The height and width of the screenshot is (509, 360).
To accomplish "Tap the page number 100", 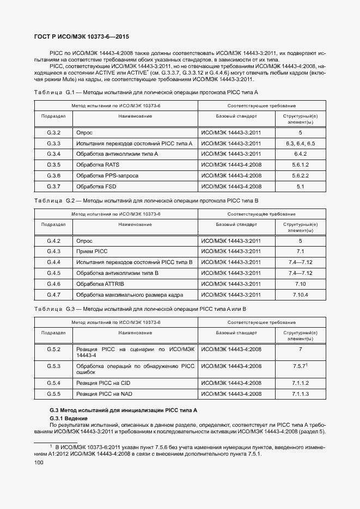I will (x=38, y=463).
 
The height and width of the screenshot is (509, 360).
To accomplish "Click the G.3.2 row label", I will (x=53, y=133).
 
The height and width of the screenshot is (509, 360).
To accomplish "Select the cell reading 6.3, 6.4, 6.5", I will (x=300, y=143).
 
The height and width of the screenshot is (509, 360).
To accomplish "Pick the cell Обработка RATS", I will (x=97, y=165).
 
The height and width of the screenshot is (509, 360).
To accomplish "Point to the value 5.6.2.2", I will (x=300, y=175).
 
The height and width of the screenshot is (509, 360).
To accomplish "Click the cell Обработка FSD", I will (x=96, y=186).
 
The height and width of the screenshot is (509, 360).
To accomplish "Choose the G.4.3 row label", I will (x=53, y=251).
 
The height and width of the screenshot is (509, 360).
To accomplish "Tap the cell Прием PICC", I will (x=93, y=251).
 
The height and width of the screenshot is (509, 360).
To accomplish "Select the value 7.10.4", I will (x=300, y=295).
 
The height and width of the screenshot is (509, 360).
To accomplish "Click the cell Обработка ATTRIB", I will (x=101, y=284).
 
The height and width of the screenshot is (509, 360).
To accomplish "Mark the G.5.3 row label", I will (x=53, y=366).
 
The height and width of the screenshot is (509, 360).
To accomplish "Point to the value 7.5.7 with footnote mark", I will (x=300, y=366).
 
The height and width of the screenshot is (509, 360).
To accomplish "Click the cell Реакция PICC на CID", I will (x=104, y=383).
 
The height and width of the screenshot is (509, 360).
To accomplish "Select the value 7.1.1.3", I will (x=300, y=394).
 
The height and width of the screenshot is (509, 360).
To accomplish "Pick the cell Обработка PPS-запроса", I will (x=107, y=175).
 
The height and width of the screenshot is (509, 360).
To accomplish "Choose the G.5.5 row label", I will (x=53, y=394).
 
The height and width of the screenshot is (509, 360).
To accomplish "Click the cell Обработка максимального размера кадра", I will (x=130, y=295).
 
